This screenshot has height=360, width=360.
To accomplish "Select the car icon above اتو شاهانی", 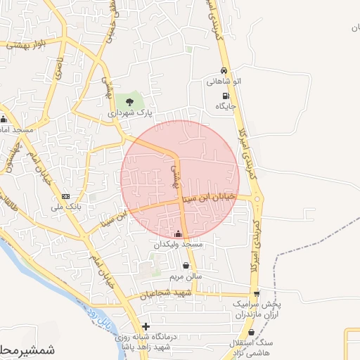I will [x=224, y=71].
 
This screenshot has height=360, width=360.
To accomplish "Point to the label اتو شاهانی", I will [x=224, y=82].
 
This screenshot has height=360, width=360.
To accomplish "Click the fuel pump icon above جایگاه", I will [x=225, y=96].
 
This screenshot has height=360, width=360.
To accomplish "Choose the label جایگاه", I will [x=226, y=106].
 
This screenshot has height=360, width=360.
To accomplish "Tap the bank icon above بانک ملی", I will [x=66, y=196].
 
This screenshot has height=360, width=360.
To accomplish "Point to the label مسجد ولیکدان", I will [x=179, y=244].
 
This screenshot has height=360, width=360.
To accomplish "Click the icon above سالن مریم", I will [x=186, y=266].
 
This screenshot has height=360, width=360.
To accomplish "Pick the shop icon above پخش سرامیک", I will [x=256, y=294].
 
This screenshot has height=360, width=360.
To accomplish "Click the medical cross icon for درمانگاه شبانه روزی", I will [x=146, y=326].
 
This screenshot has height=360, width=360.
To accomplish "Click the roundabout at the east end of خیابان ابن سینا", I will [x=258, y=200].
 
